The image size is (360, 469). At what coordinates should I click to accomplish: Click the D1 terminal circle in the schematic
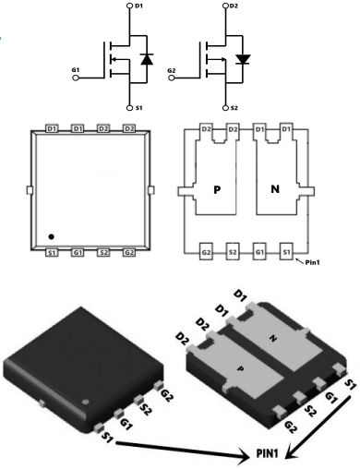[x=129, y=6]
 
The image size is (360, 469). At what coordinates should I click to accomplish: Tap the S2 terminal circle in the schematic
[x=225, y=108]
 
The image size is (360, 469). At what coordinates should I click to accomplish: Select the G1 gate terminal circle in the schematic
[x=76, y=78]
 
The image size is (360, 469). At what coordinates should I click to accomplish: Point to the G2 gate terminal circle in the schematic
[x=172, y=78]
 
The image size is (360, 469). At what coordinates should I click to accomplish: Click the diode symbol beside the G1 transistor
[x=147, y=59]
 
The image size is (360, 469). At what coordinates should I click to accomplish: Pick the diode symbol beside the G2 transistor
[x=243, y=59]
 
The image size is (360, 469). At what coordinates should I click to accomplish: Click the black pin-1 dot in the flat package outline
[x=52, y=236]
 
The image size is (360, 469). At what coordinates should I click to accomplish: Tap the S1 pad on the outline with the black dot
[x=52, y=253]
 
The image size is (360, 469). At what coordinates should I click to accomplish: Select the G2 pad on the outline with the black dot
[x=129, y=253]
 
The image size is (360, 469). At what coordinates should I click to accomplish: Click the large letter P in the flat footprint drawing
[x=217, y=190]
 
